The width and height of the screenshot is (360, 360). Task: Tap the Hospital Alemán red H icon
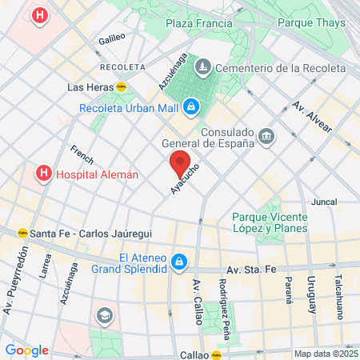42,173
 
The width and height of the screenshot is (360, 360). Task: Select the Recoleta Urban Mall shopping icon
191,107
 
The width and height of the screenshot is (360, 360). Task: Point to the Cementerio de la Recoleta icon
204,66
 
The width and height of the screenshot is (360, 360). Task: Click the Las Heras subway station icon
122,86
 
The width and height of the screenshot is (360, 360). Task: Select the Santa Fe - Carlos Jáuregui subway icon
23,233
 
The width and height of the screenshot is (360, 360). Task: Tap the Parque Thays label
309,24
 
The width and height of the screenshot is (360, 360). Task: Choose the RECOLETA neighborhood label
122,66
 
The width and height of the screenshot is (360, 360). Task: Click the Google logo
26,350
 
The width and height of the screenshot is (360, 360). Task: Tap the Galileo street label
112,38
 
